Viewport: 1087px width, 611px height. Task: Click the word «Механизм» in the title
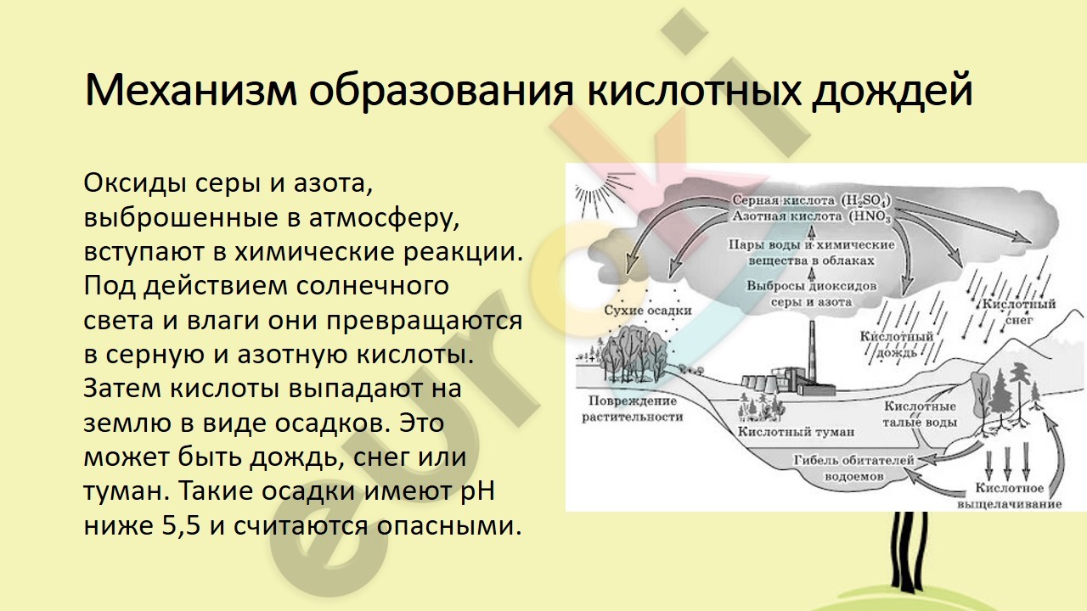coord(190,90)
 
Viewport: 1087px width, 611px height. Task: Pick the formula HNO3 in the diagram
coord(870,216)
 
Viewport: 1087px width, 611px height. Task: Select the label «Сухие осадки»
coord(647,311)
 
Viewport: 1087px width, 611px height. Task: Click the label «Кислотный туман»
coord(796,432)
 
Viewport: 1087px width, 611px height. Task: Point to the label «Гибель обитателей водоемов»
coord(853,468)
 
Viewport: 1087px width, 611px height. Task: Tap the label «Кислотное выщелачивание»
coord(1010,496)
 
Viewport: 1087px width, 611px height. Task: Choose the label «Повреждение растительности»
coord(633,409)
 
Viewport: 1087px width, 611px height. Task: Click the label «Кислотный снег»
coord(1018,311)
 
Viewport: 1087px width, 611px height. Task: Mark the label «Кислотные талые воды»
coord(920,414)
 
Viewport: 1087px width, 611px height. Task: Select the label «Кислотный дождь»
coord(896,345)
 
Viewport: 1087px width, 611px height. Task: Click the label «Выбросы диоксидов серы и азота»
coord(811,294)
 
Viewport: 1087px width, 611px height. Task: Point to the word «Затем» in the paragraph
coord(121,389)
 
